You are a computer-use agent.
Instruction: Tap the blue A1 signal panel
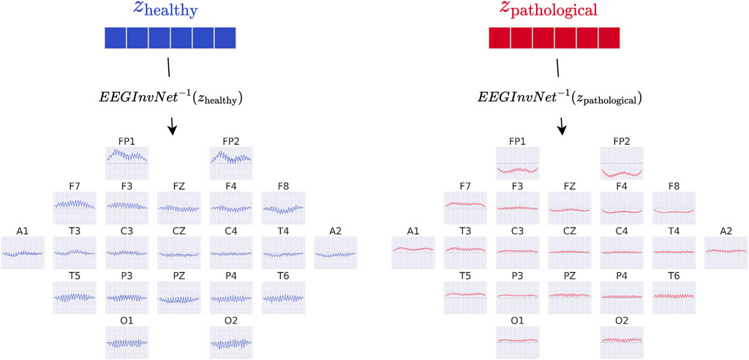22,252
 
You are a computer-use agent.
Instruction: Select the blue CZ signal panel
179,252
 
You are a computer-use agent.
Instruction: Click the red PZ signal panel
570,297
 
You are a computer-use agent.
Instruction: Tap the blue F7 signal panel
75,208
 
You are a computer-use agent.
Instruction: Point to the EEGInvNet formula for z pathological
562,96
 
